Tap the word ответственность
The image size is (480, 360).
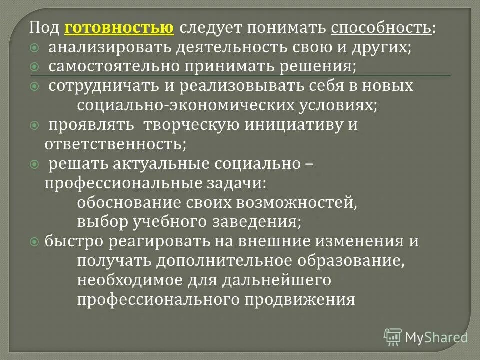coord(114,144)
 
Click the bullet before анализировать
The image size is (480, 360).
coord(34,48)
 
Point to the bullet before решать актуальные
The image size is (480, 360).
coord(34,163)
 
